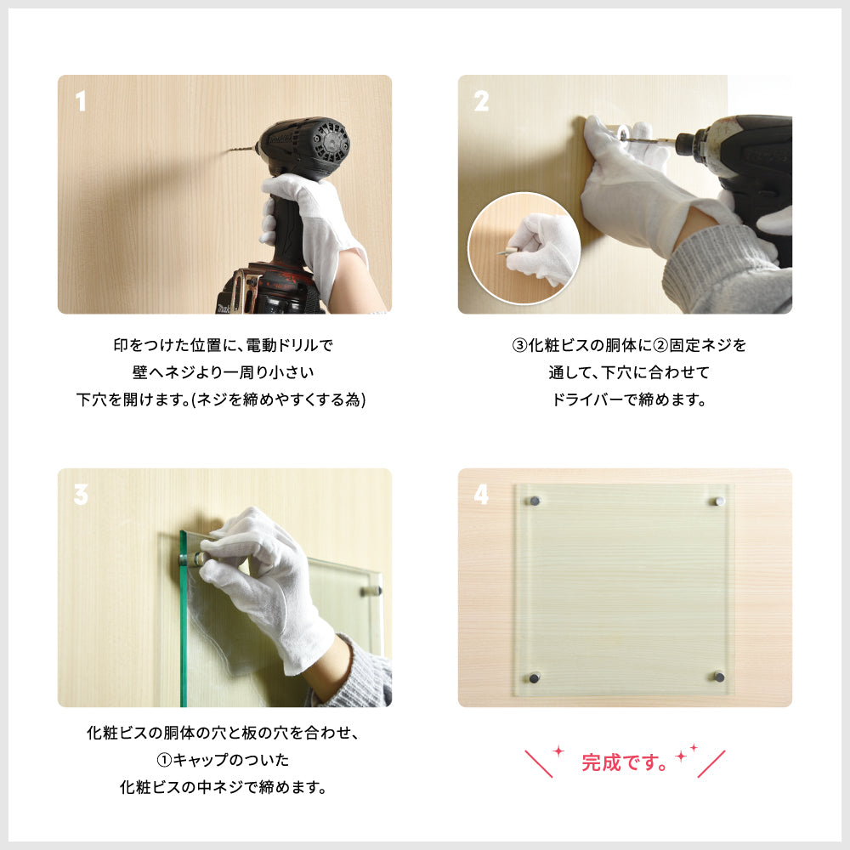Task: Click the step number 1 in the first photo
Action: pos(81,103)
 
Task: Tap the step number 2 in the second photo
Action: pos(481,103)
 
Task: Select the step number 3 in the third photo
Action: pos(81,495)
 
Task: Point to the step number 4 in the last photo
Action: pos(481,495)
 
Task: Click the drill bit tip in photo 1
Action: pos(231,150)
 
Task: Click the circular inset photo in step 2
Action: pos(524,248)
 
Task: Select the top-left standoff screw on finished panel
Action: pos(535,501)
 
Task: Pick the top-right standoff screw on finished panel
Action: pos(719,501)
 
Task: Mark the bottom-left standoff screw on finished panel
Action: pos(535,677)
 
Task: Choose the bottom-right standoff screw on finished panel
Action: pos(719,677)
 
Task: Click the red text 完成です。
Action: pos(624,762)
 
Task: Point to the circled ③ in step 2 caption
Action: pos(519,346)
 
